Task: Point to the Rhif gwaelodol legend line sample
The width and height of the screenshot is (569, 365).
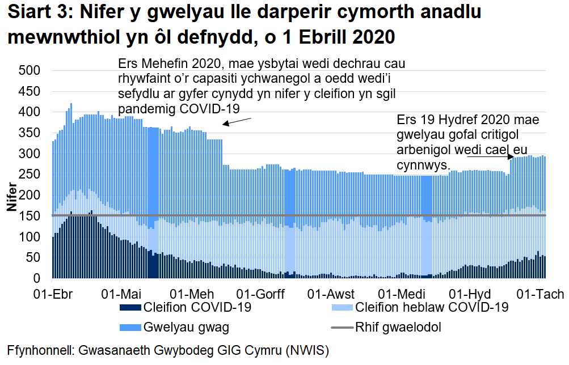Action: [342, 327]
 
